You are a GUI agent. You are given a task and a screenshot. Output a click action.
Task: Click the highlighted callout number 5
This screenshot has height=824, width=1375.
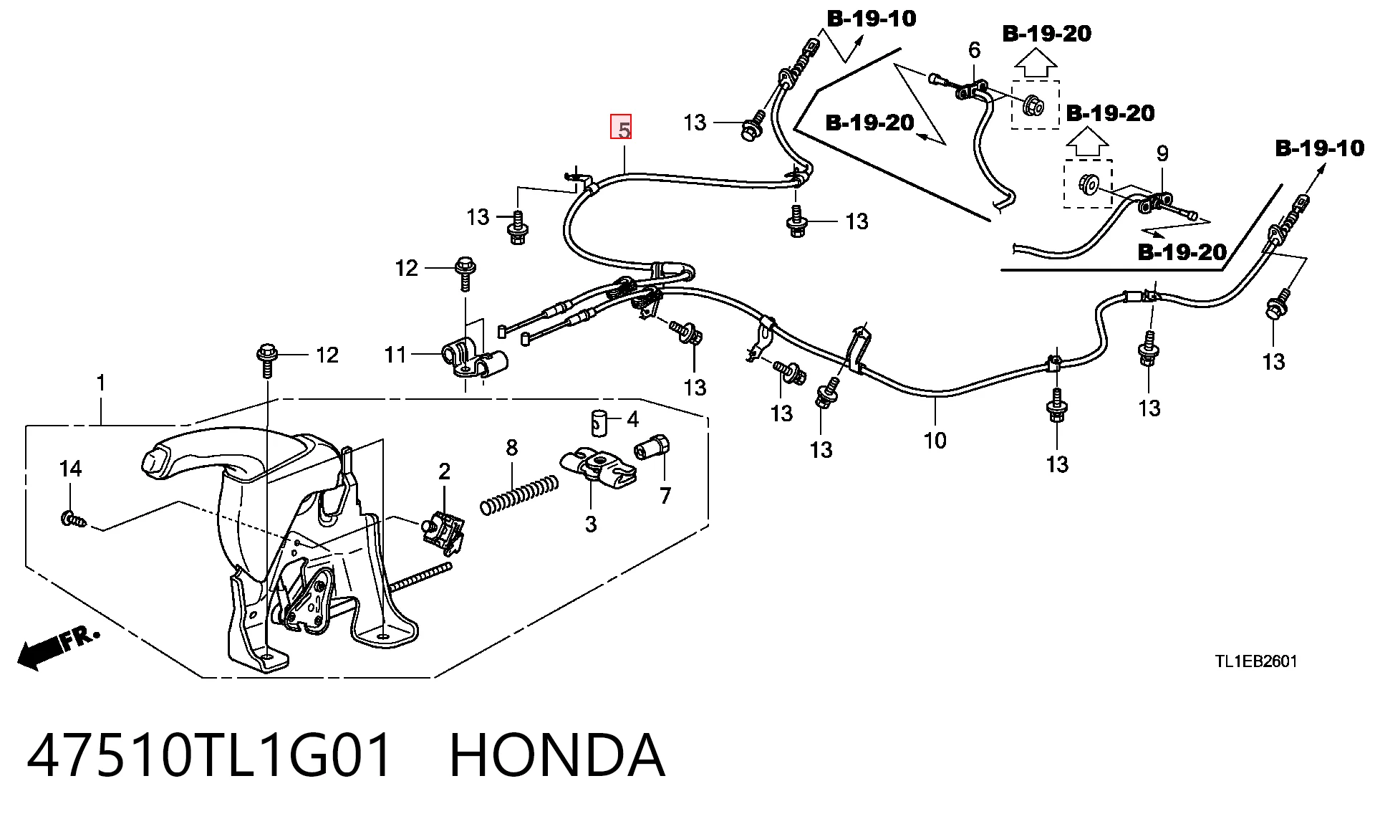pos(621,127)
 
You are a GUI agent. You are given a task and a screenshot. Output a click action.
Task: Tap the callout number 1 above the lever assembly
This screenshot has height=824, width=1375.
pos(101,383)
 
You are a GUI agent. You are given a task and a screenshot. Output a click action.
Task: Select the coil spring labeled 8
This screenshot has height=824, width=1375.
pos(519,495)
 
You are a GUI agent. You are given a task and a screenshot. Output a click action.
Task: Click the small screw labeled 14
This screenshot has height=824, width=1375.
pos(72,518)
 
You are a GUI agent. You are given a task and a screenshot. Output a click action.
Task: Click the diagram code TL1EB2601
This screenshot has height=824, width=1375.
pos(1255,661)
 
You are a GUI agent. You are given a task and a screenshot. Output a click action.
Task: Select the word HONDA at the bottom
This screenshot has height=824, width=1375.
pos(557,755)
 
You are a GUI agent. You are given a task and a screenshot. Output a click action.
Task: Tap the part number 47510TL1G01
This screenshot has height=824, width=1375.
pos(210,755)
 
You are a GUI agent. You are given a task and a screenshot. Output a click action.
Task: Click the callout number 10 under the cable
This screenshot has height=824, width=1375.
pos(935,440)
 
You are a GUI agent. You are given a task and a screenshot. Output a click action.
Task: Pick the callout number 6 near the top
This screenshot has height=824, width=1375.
pos(974,50)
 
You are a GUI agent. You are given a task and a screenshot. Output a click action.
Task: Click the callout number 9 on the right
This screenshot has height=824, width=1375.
pos(1162,153)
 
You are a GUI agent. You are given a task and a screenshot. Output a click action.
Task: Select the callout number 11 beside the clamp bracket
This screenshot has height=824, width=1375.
pos(395,354)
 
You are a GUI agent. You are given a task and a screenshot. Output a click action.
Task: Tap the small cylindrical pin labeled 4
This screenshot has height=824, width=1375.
pos(599,423)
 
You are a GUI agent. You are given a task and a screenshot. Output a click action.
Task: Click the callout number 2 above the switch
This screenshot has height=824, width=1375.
pos(444,471)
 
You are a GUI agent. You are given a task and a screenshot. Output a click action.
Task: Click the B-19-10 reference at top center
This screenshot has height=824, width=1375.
pos(872,19)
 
